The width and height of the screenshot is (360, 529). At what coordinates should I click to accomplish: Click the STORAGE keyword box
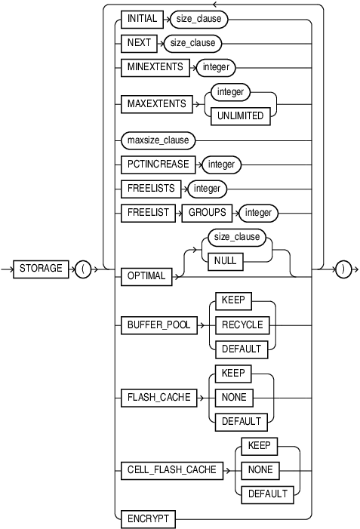[x=42, y=269]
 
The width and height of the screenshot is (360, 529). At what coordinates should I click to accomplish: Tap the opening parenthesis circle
[x=83, y=269]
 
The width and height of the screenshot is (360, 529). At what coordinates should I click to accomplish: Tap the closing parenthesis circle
[x=343, y=269]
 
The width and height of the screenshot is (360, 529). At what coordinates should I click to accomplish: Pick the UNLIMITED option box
[x=241, y=116]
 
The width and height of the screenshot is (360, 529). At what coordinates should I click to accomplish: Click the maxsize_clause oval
[x=158, y=140]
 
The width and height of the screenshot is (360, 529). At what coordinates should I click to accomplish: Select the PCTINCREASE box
[x=155, y=164]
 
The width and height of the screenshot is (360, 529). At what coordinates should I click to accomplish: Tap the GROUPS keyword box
[x=206, y=213]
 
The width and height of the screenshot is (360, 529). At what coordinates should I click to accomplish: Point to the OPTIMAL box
[x=146, y=277]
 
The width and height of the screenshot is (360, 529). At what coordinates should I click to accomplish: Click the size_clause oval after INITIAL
[x=198, y=19]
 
